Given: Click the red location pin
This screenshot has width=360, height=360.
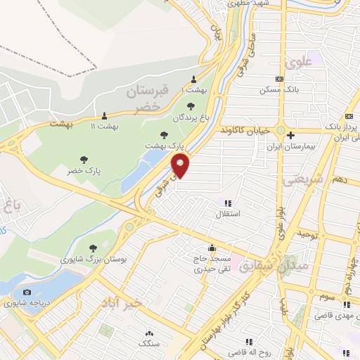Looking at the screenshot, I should pyautogui.click(x=181, y=166).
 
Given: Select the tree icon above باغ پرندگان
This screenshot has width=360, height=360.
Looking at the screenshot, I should pyautogui.click(x=191, y=106).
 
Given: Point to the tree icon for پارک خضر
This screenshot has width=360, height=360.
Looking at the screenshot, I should pyautogui.click(x=84, y=160).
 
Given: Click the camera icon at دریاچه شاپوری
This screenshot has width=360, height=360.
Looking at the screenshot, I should pyautogui.click(x=27, y=292).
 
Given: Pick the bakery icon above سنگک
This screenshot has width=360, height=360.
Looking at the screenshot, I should pyautogui.click(x=148, y=333).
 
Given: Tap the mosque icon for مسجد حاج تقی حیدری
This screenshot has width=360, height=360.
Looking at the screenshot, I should pyautogui.click(x=211, y=247).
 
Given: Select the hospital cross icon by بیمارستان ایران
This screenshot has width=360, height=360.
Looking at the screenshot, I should pyautogui.click(x=290, y=135).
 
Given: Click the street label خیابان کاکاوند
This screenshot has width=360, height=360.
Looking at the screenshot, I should pyautogui.click(x=245, y=131).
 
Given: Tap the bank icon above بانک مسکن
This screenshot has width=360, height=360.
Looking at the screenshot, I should pyautogui.click(x=279, y=79).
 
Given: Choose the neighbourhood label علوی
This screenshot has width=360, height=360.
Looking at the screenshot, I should pyautogui.click(x=298, y=62).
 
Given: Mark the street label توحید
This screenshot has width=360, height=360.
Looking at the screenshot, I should pyautogui.click(x=309, y=233).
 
